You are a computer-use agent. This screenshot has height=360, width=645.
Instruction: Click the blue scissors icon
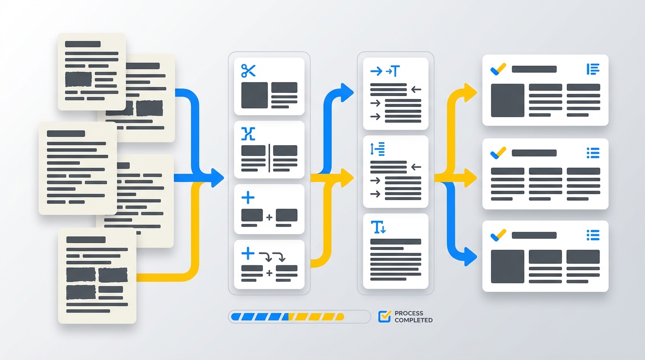pos(248,71)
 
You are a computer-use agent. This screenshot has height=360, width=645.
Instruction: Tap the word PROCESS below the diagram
pos(409,313)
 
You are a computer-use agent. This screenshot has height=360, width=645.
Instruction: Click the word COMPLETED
pos(413,320)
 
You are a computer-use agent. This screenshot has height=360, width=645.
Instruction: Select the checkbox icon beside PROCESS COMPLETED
pos(385,316)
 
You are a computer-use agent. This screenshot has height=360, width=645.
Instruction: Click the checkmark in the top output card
pos(498,69)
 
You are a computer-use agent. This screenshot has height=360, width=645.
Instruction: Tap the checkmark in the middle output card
pos(498,153)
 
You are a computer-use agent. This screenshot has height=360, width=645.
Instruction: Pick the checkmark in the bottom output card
pos(498,235)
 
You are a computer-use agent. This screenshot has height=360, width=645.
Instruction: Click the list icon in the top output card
pos(593,69)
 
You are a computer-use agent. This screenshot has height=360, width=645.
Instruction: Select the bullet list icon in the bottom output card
pos(593,235)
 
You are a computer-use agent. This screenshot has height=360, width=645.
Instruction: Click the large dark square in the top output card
pos(507,100)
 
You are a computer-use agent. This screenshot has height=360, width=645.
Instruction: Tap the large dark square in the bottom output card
pos(507,266)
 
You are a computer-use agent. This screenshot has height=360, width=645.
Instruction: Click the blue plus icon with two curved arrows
pos(263,255)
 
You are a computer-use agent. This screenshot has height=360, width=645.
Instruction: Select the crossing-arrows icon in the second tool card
pos(248,134)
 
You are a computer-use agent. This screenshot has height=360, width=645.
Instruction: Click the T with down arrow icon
pos(378,227)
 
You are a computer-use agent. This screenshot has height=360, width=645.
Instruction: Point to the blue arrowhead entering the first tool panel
pos(217,178)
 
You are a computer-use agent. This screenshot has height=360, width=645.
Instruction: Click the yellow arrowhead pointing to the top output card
pos(471,92)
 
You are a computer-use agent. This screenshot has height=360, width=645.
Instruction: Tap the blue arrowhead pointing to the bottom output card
pos(471,256)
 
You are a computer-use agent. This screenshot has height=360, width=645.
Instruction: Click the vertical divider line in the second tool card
pos(269,158)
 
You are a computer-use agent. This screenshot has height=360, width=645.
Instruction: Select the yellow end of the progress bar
pos(340,317)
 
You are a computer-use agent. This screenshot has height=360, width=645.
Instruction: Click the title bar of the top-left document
pos(82,44)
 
